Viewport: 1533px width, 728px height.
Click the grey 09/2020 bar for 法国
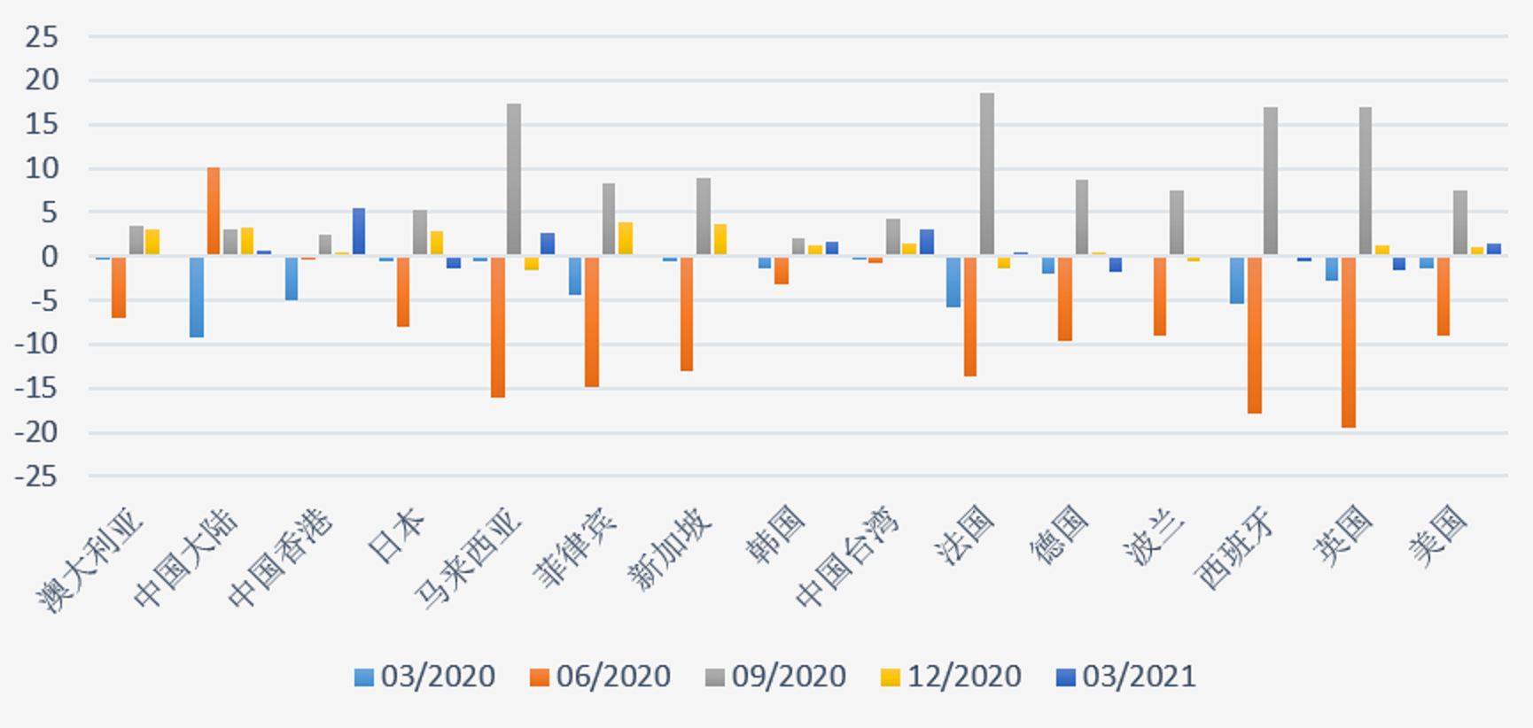pos(986,174)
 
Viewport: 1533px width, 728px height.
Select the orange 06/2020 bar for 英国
pos(1348,342)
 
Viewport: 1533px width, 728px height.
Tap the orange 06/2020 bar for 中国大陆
pos(214,212)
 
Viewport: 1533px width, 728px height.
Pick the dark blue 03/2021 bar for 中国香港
pos(359,232)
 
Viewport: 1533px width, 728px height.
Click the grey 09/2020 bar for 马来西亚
pos(514,180)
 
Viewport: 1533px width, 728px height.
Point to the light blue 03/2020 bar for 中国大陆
pos(197,297)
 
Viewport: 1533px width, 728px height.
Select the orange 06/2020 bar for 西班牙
pos(1254,335)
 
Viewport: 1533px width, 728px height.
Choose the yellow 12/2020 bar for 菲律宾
pos(626,239)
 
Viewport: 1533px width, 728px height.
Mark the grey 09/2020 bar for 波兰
pos(1176,223)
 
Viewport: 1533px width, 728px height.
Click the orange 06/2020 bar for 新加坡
pos(687,314)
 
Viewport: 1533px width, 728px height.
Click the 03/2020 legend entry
pos(424,677)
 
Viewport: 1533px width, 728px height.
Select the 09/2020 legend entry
pos(775,677)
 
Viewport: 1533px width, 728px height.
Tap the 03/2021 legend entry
pos(1126,677)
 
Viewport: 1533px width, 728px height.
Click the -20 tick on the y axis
pos(36,433)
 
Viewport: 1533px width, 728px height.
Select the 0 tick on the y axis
pos(49,258)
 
